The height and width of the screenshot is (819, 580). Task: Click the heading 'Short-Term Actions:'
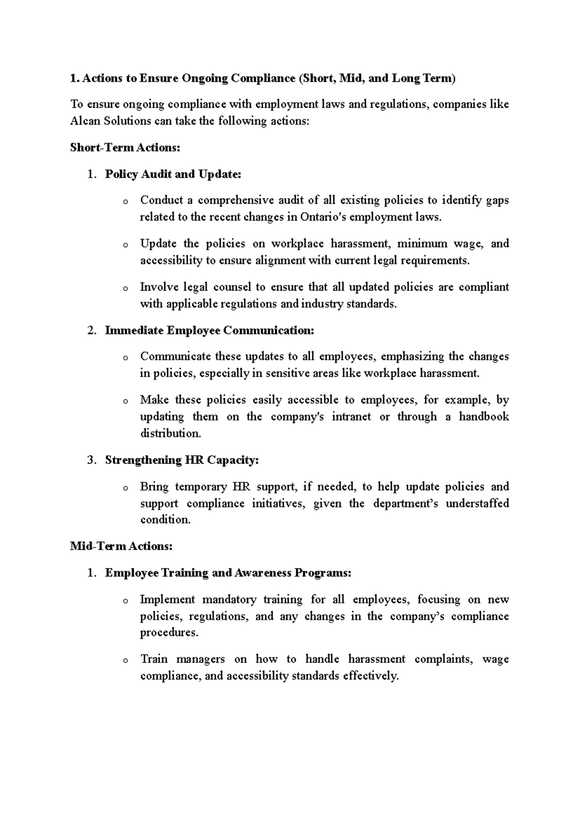(x=125, y=148)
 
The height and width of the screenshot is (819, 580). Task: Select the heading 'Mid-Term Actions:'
(x=121, y=546)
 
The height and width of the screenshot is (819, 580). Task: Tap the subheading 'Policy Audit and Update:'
(x=173, y=174)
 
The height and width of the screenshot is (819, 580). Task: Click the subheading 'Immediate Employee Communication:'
(x=209, y=331)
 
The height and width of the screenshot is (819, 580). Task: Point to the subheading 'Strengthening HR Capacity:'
(x=182, y=460)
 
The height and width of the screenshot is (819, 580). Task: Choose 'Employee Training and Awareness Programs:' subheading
(x=228, y=573)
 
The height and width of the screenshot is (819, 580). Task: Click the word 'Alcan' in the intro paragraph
(x=86, y=121)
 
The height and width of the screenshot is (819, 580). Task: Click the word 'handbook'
(x=484, y=417)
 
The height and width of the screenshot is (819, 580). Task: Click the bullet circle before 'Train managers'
(x=125, y=661)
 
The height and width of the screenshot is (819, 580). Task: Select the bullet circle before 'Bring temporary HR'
(x=125, y=488)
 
